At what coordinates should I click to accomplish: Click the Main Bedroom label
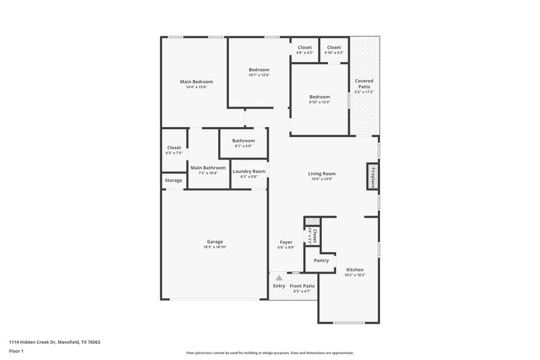point(196,82)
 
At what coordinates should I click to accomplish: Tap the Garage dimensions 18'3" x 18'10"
point(215,247)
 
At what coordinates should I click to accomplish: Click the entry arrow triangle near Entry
point(278,277)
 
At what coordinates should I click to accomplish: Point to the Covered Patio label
point(364,84)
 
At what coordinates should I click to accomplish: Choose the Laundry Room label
point(249,172)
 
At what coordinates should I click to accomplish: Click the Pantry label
point(321,260)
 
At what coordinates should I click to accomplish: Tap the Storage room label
point(173,180)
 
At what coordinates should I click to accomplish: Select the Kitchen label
point(355,269)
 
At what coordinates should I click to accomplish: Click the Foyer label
point(286,242)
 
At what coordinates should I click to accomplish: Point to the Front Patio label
point(302,286)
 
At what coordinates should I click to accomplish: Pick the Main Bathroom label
point(208,168)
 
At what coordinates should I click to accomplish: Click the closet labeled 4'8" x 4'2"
point(305,52)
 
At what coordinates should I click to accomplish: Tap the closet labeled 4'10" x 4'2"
point(333,52)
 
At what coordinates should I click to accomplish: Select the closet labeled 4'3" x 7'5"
point(173,153)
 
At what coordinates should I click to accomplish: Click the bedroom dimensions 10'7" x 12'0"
point(259,75)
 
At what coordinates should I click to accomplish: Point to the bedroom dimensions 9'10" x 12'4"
point(319,102)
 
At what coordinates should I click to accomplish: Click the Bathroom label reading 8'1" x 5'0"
point(243,146)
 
